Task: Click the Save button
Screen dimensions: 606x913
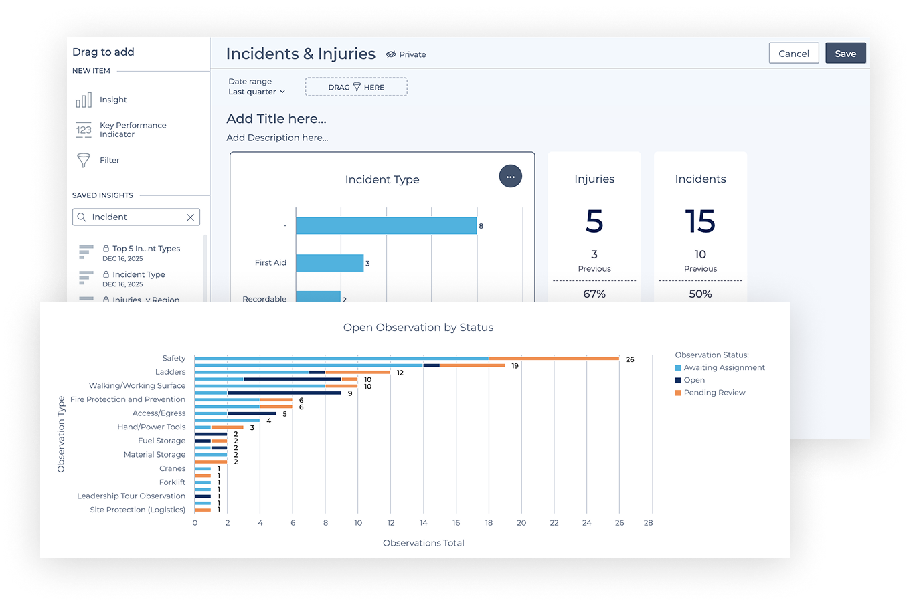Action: pyautogui.click(x=845, y=54)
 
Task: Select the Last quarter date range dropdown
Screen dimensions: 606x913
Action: pyautogui.click(x=257, y=92)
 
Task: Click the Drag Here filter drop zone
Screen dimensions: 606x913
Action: pyautogui.click(x=356, y=87)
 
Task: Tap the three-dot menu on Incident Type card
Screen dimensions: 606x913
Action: pyautogui.click(x=510, y=177)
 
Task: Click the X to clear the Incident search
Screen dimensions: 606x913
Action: pyautogui.click(x=190, y=217)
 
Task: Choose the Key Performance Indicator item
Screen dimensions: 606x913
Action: pyautogui.click(x=133, y=130)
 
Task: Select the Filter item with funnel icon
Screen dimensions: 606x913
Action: pyautogui.click(x=109, y=161)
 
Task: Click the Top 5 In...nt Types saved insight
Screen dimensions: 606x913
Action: pyautogui.click(x=146, y=249)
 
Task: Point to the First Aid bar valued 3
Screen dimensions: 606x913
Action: pyautogui.click(x=329, y=263)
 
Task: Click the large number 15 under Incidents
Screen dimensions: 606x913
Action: pyautogui.click(x=700, y=221)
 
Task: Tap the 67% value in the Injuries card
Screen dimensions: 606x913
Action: pyautogui.click(x=594, y=294)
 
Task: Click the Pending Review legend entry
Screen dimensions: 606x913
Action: pyautogui.click(x=714, y=393)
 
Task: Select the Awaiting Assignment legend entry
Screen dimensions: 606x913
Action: pyautogui.click(x=724, y=367)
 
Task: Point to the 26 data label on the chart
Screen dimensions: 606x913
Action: pyautogui.click(x=630, y=359)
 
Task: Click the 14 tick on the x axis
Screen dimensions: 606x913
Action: pyautogui.click(x=424, y=523)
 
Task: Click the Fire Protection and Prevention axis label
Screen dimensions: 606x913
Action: pyautogui.click(x=128, y=399)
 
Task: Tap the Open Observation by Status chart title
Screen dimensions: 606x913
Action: pyautogui.click(x=418, y=328)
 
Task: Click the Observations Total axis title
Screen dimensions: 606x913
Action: pyautogui.click(x=423, y=543)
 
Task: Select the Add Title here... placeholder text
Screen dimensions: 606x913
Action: pyautogui.click(x=276, y=119)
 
